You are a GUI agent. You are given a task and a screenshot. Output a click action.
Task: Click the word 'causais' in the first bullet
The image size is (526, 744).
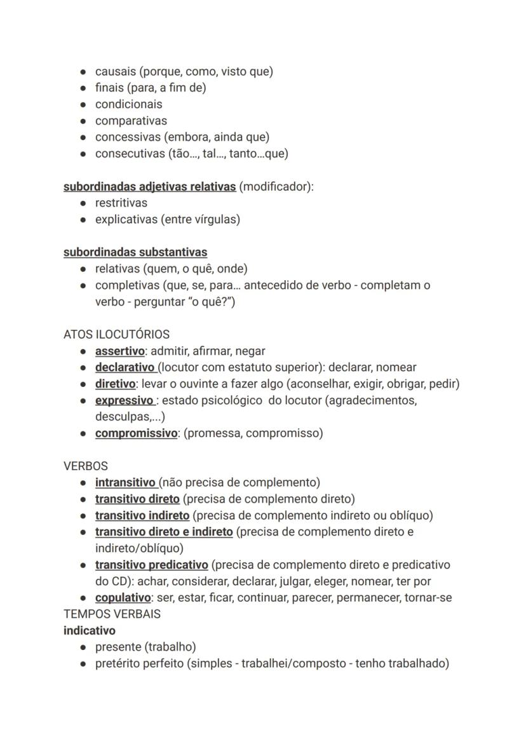115,72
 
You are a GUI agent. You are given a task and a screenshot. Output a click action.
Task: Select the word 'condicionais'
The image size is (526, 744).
128,104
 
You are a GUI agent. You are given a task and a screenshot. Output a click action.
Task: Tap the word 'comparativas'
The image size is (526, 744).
131,121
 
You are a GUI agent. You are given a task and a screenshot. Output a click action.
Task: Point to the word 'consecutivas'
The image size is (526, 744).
130,154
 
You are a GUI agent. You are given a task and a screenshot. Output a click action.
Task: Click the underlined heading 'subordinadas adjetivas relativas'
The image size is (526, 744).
149,187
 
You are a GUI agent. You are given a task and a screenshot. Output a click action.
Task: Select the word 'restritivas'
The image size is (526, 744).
121,203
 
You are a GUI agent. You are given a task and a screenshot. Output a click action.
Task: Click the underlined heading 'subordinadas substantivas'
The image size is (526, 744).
135,253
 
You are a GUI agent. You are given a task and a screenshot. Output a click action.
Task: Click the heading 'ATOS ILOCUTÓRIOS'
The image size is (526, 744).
116,334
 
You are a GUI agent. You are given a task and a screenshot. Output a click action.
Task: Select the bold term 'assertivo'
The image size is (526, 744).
119,351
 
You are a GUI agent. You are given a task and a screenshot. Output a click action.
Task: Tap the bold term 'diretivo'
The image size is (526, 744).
115,384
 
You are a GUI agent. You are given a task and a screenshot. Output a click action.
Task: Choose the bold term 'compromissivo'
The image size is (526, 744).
136,433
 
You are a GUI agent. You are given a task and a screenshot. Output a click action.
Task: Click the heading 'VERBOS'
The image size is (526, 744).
86,466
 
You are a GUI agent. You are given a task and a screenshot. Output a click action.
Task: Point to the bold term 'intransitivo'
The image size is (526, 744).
125,483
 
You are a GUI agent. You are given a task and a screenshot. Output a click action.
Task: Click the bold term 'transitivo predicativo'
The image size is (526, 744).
151,565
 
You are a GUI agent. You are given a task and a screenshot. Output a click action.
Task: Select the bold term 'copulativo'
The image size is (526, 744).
123,598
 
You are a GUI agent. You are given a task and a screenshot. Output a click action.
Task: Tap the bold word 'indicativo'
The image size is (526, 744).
90,631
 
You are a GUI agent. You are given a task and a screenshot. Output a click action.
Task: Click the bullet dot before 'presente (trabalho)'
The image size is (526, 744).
83,647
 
